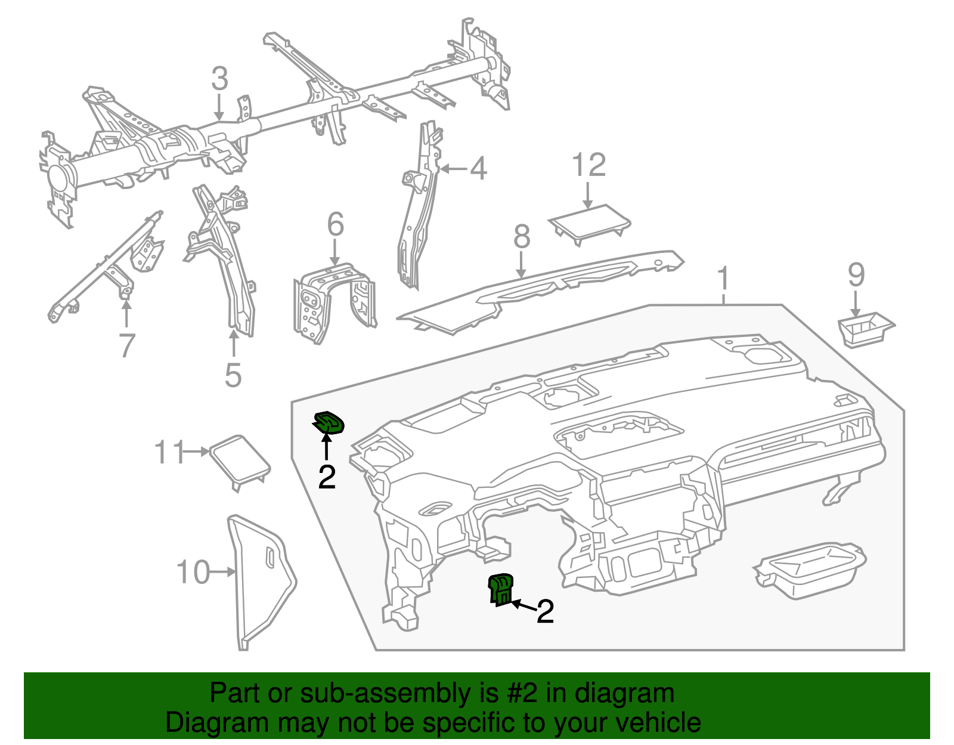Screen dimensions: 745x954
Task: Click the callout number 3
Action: tap(219, 79)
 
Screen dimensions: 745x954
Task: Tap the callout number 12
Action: tap(588, 165)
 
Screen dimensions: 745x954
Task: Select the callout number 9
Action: tap(856, 275)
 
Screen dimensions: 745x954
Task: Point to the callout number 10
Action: tap(193, 572)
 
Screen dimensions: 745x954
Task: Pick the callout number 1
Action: tap(723, 279)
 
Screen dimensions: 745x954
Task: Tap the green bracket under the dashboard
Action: tap(501, 589)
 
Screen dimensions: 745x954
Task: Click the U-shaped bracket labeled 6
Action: tap(334, 301)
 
